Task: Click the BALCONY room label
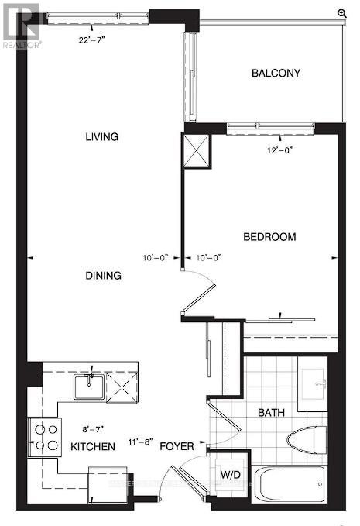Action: point(276,74)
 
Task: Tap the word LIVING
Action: point(101,137)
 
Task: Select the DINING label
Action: point(103,275)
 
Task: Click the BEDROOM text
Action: point(269,237)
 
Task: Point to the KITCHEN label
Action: point(93,446)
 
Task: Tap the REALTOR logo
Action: point(19,24)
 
